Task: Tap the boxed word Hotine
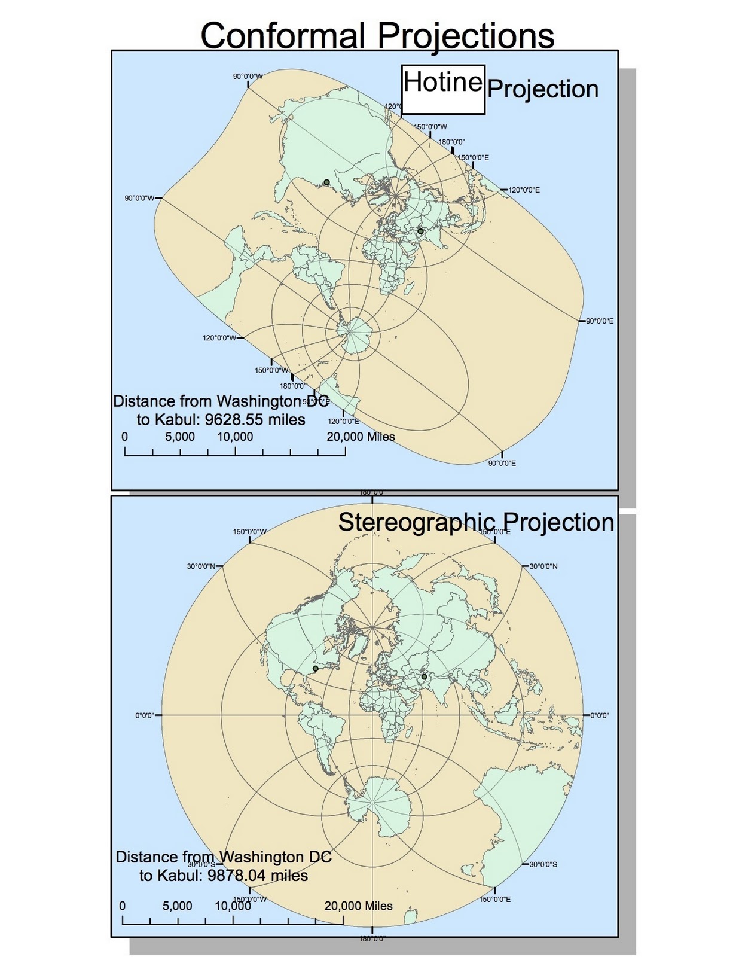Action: coord(442,82)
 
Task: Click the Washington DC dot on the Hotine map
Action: coord(326,182)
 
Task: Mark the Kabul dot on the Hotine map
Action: coord(420,231)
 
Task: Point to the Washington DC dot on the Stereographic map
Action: coord(316,669)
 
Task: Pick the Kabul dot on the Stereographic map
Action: coord(424,677)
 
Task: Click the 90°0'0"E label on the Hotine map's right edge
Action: coord(600,321)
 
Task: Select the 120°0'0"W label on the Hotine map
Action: coord(219,338)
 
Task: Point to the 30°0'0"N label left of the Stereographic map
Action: coord(201,566)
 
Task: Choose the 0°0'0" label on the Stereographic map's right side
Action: coord(600,715)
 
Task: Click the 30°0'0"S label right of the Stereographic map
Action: coord(543,864)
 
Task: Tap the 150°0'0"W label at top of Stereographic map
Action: coord(249,531)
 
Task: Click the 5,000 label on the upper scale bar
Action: coord(180,437)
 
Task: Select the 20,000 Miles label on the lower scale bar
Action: coord(359,906)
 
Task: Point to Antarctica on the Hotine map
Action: coord(358,328)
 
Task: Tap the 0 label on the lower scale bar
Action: coord(123,906)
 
